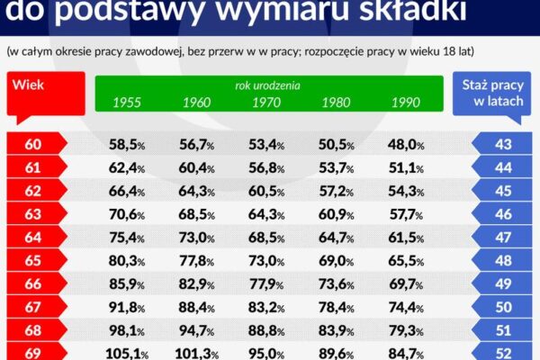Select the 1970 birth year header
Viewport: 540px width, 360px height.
(267, 103)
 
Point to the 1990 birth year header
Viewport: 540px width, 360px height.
(405, 103)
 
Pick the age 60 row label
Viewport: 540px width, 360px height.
(31, 144)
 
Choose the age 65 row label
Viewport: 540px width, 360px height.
(31, 261)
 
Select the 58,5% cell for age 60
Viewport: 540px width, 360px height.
(127, 144)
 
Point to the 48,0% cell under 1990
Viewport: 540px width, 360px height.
(405, 144)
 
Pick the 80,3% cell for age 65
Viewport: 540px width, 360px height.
(127, 261)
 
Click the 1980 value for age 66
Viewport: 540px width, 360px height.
(336, 284)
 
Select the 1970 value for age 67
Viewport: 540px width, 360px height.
(265, 308)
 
